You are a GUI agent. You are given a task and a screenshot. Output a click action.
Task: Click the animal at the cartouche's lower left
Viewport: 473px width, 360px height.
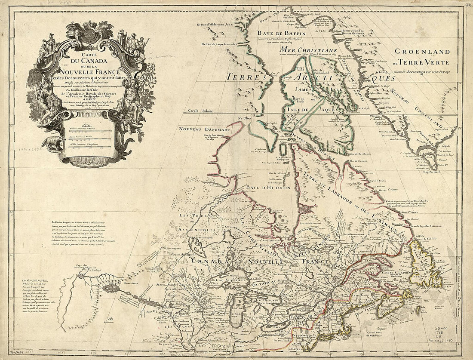pyautogui.click(x=53, y=144)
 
